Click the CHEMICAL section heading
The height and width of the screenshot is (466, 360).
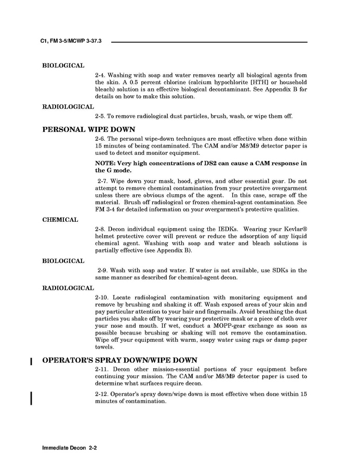pos(60,220)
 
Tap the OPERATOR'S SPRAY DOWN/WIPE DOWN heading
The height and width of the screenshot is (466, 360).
pos(119,360)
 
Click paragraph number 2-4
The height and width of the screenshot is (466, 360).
pos(101,75)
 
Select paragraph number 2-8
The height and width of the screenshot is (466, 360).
pos(101,229)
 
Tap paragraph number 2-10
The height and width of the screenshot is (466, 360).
pos(102,298)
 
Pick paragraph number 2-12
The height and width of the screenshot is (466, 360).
pos(102,394)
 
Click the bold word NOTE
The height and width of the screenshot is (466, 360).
pos(105,163)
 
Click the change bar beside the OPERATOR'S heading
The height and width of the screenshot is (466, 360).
pos(32,361)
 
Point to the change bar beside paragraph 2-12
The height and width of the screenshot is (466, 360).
pos(32,397)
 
